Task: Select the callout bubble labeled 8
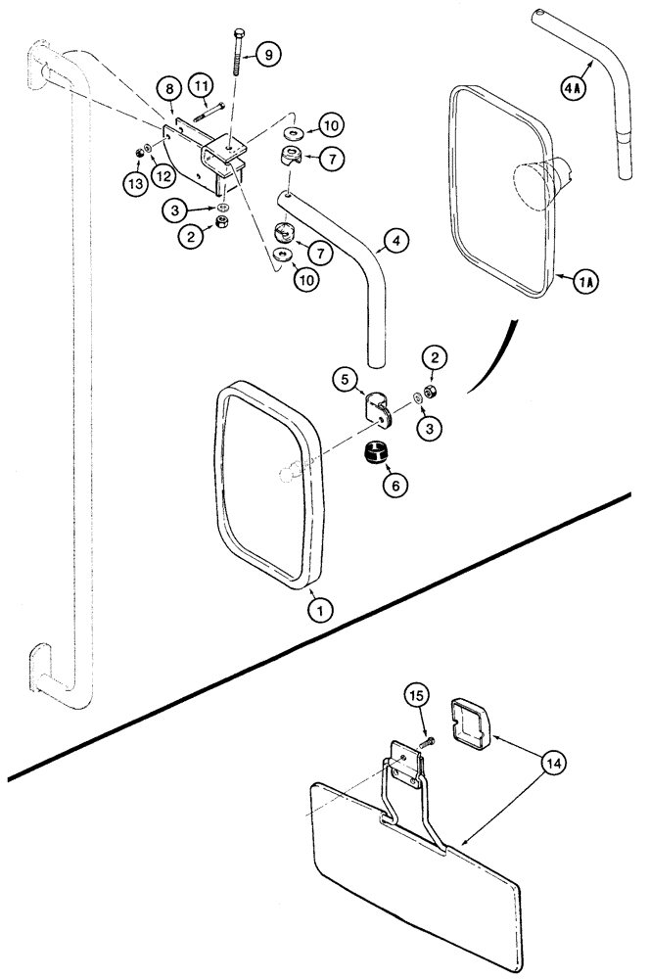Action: tap(170, 90)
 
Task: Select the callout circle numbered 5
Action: tap(343, 378)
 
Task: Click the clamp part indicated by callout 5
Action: tap(378, 409)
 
